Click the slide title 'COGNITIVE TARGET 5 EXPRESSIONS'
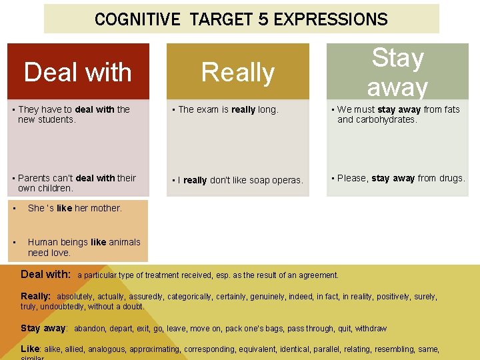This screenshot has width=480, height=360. (x=241, y=19)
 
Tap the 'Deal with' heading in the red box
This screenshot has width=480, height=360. (x=78, y=72)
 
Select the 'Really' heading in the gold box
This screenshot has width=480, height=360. (x=238, y=72)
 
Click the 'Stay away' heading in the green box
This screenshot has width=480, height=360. (x=398, y=72)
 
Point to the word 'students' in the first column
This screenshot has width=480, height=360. (x=57, y=120)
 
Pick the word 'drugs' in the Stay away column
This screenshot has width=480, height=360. (x=451, y=178)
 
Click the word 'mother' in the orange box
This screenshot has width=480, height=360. (x=107, y=208)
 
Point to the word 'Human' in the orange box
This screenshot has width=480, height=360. (x=43, y=242)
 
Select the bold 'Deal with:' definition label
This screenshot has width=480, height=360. (x=46, y=274)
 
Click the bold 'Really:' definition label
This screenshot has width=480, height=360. (x=36, y=296)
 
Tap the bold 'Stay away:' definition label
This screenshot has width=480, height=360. (x=44, y=328)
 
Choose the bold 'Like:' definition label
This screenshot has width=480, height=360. (x=31, y=349)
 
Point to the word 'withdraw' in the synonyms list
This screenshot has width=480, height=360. (x=371, y=329)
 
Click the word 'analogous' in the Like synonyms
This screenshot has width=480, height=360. (x=107, y=349)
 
